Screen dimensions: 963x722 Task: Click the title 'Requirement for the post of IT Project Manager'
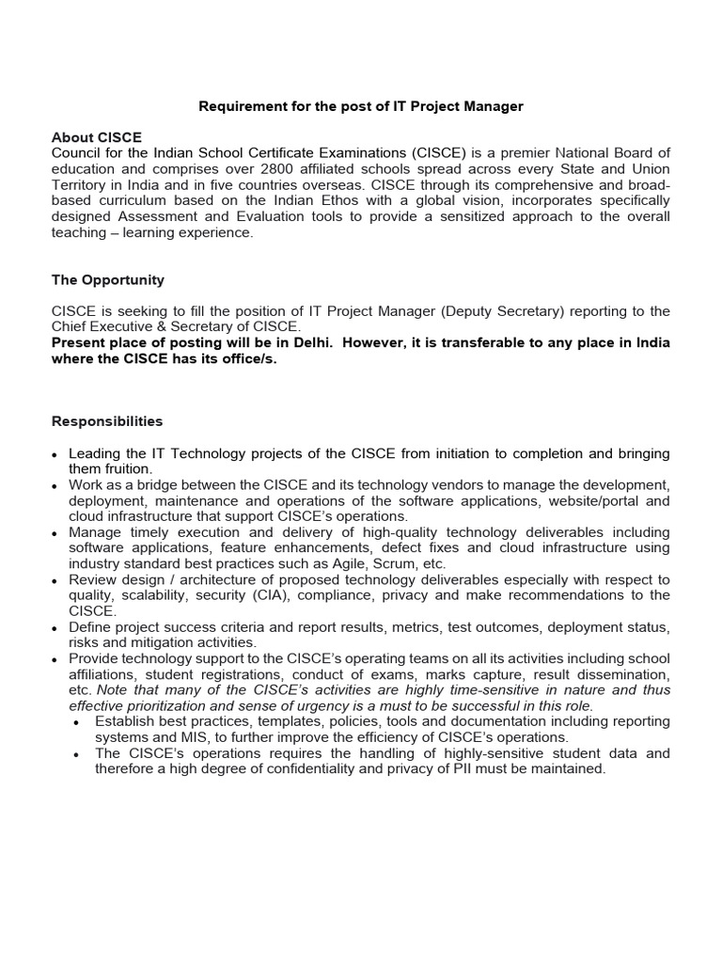pos(360,107)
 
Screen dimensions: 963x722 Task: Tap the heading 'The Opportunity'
pos(107,280)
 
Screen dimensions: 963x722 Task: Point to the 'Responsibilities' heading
pos(106,422)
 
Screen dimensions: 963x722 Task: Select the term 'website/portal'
pos(597,501)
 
